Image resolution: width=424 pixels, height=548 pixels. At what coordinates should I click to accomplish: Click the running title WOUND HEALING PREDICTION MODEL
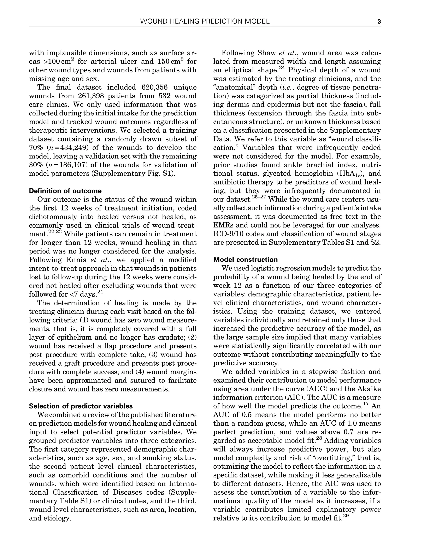tap(205, 22)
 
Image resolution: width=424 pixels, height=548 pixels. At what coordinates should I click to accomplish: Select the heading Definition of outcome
tap(65, 191)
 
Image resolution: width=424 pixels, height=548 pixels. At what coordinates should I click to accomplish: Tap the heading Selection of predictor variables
tap(81, 406)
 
